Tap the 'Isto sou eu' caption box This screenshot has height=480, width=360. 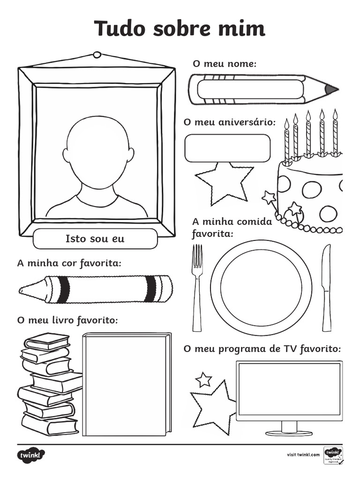(95, 239)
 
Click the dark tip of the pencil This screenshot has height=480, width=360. (331, 89)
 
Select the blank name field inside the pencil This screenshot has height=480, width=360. (250, 89)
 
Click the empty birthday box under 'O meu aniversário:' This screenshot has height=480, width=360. (227, 148)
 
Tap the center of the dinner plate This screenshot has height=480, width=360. (261, 287)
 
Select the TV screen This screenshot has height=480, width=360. (289, 389)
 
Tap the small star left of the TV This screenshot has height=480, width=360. (203, 379)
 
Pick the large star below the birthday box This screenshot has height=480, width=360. (224, 183)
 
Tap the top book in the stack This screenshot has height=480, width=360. (47, 341)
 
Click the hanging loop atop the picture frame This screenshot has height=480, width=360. (97, 55)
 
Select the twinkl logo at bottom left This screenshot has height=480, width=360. (31, 455)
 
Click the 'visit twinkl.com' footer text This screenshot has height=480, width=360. (303, 455)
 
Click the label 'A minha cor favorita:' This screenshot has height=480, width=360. (69, 263)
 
